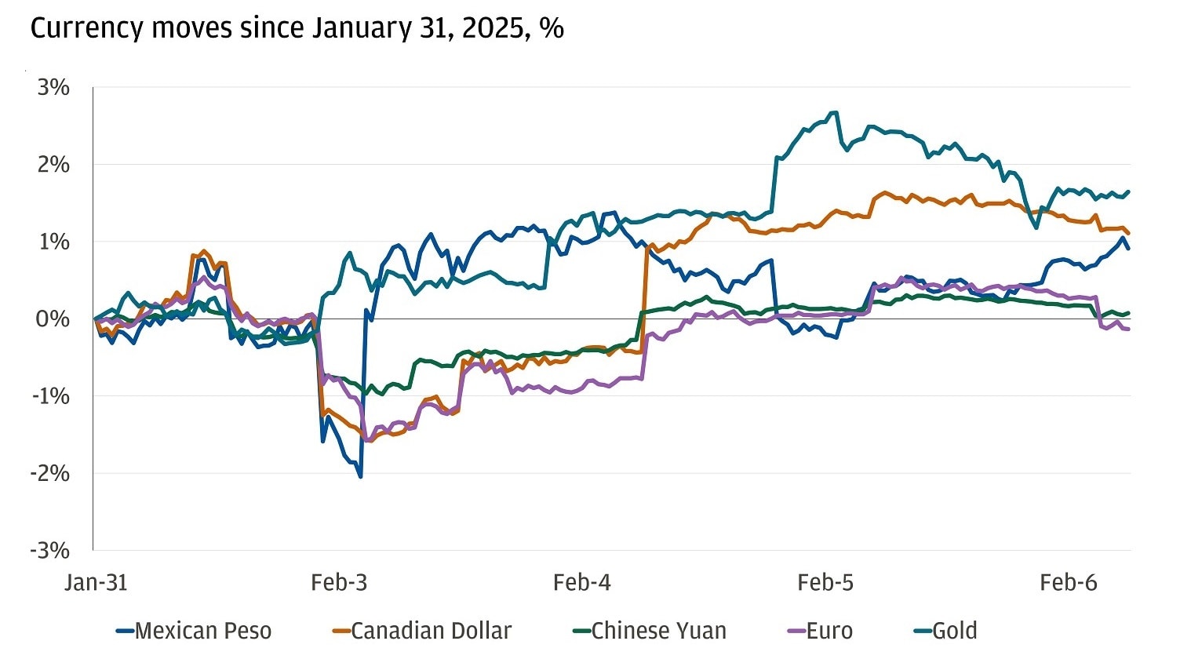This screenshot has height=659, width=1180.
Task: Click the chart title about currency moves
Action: (297, 28)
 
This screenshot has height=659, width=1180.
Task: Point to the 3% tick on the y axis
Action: (53, 88)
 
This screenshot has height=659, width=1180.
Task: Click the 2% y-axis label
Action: (53, 165)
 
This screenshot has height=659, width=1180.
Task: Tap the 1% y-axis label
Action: (53, 242)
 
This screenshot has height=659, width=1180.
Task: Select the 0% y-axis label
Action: (52, 319)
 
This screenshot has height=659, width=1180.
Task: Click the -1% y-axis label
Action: (50, 396)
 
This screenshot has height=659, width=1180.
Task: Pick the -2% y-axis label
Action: (50, 473)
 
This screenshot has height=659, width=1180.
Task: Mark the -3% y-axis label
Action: (50, 550)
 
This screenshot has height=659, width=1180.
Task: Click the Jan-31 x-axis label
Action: (96, 582)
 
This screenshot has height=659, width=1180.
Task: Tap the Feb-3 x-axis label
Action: (339, 582)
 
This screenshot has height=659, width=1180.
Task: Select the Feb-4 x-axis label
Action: (581, 582)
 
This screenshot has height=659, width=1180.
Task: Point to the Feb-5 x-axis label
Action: (825, 582)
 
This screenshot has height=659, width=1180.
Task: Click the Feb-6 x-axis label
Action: (1069, 582)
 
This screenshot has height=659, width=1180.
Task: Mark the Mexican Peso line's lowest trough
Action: (360, 476)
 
